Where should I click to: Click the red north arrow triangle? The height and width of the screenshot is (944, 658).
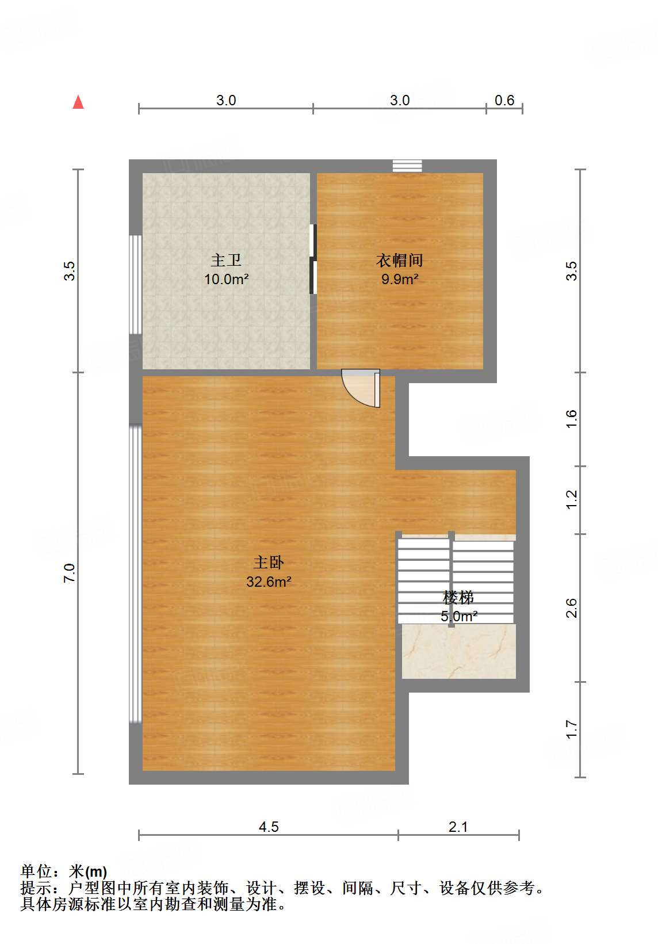[78, 102]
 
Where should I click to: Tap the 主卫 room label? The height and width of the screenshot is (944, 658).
[225, 261]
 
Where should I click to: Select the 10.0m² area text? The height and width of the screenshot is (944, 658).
[226, 280]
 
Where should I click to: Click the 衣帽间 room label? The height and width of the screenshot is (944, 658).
[399, 261]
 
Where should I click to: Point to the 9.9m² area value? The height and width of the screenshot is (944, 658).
[399, 280]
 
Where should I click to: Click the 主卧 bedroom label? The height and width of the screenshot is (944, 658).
[269, 562]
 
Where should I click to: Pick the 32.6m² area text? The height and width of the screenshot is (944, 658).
[269, 582]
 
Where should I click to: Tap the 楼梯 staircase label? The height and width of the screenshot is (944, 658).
[458, 598]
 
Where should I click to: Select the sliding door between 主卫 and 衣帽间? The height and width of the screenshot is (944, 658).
[313, 259]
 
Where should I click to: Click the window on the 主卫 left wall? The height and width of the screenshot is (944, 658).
[136, 284]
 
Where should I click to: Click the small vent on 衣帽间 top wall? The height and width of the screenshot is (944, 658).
[407, 166]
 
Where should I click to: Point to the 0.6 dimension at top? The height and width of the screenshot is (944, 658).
[504, 101]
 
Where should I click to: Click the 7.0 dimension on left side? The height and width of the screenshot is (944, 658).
[70, 573]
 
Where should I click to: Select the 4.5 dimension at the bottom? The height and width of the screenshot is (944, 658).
[269, 827]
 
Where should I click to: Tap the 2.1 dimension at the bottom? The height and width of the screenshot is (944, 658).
[458, 827]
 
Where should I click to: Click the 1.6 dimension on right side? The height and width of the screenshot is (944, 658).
[571, 418]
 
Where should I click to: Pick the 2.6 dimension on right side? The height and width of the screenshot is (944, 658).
[571, 608]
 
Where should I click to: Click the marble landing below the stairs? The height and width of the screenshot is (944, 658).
[458, 651]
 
